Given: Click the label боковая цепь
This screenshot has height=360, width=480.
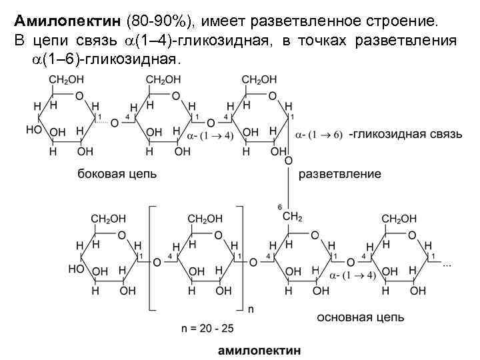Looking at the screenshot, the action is (x=117, y=174).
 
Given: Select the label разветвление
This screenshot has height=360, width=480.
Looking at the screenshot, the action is (x=339, y=174).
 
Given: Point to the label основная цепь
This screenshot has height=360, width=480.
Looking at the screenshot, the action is (x=360, y=317).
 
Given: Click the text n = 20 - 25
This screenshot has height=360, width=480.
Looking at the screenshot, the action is (x=208, y=329).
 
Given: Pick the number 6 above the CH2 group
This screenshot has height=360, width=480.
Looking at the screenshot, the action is (x=279, y=206).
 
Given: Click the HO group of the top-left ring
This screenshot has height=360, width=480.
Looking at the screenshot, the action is (x=33, y=129).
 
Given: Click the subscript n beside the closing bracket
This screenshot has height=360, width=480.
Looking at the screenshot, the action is (x=251, y=309).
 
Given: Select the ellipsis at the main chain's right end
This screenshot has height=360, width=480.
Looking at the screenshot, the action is (x=447, y=265).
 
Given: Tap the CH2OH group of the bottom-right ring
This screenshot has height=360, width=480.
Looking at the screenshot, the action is (x=399, y=218).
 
